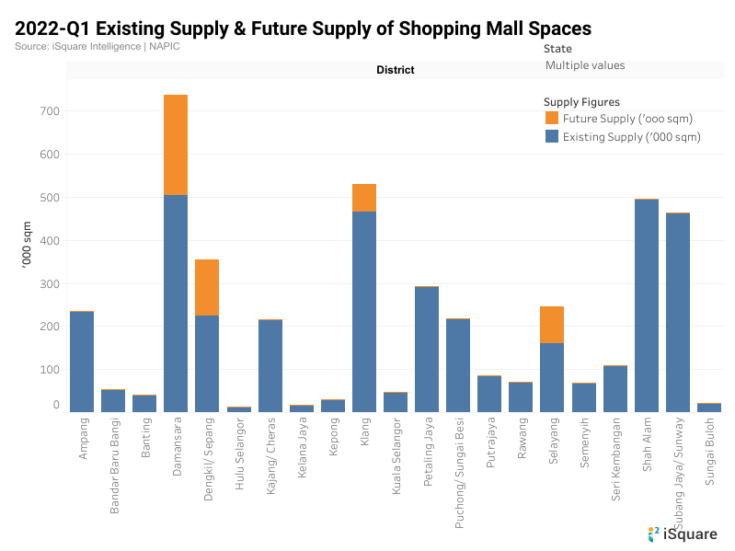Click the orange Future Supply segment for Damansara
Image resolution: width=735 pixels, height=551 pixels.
[176, 144]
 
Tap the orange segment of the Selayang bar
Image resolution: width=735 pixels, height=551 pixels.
[552, 325]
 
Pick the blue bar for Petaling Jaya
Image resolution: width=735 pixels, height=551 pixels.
[427, 349]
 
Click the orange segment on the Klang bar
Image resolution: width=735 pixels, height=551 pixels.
[364, 198]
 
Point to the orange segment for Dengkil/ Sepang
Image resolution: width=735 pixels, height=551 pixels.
[207, 287]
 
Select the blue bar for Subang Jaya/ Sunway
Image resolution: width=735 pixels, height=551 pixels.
[678, 312]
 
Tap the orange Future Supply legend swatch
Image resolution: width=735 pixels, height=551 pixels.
[552, 118]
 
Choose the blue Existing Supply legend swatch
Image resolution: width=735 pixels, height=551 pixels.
[552, 136]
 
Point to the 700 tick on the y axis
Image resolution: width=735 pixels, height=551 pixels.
[50, 111]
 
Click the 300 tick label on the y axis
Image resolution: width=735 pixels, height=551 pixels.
[50, 283]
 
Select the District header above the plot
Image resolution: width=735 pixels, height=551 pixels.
[395, 70]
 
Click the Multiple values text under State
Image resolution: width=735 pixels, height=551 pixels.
[585, 65]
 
